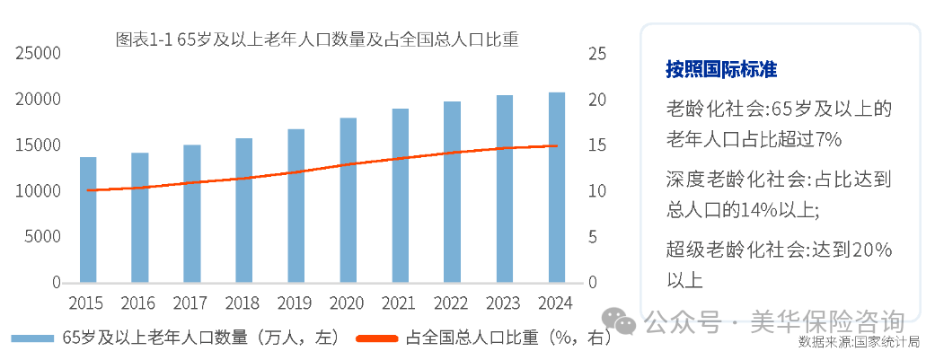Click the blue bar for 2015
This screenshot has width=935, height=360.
[88, 220]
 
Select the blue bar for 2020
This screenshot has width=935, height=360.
[348, 200]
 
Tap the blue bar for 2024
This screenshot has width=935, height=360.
[557, 188]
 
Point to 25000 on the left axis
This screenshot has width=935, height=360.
[37, 54]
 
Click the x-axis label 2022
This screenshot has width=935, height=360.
[452, 302]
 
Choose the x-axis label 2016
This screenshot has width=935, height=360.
[139, 302]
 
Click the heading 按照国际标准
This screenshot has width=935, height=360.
[720, 69]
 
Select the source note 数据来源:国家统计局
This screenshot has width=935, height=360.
[859, 342]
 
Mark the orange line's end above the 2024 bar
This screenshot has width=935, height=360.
[557, 145]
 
